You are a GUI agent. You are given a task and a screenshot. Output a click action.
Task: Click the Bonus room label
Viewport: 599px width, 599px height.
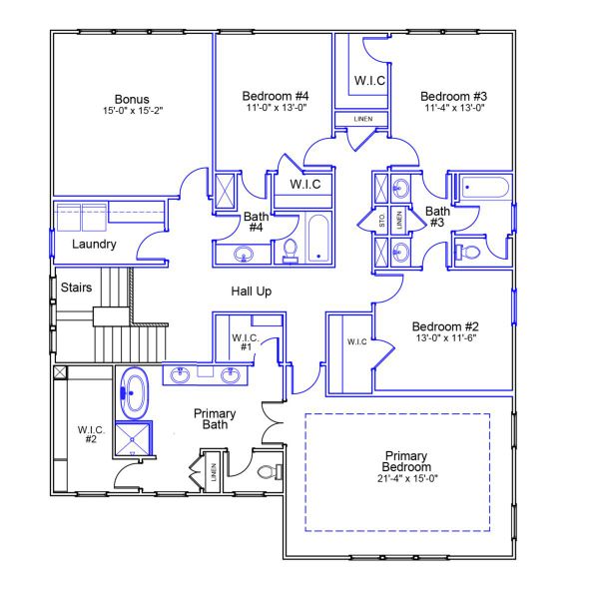click(x=132, y=99)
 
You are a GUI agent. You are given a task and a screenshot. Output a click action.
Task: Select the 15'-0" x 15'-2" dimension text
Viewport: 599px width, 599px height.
click(x=132, y=111)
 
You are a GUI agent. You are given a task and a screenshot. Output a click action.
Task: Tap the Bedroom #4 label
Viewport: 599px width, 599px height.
click(x=273, y=96)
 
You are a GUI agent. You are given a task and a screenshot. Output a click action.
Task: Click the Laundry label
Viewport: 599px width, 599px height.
click(x=94, y=244)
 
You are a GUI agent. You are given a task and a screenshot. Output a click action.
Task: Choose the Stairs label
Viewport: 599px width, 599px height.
click(x=77, y=288)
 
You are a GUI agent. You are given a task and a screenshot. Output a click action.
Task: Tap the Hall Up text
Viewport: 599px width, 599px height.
click(x=251, y=291)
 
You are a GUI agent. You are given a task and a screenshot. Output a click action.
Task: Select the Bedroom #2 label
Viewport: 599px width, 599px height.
click(x=446, y=326)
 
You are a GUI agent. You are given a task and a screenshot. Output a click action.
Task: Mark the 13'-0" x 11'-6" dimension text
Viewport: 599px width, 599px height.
click(x=446, y=338)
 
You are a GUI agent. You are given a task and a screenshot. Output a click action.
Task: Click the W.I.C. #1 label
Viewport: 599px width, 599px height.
click(x=246, y=342)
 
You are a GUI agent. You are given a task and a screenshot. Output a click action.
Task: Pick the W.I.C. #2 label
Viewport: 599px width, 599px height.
click(x=91, y=434)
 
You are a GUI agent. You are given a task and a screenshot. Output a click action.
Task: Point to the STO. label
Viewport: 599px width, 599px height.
click(x=382, y=222)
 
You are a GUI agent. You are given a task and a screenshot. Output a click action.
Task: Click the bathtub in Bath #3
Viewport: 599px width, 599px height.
click(x=484, y=187)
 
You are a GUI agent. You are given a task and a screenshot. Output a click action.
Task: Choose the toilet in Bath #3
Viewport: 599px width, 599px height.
click(x=467, y=251)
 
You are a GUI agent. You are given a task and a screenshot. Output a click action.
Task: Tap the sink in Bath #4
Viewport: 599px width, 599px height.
click(x=243, y=256)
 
